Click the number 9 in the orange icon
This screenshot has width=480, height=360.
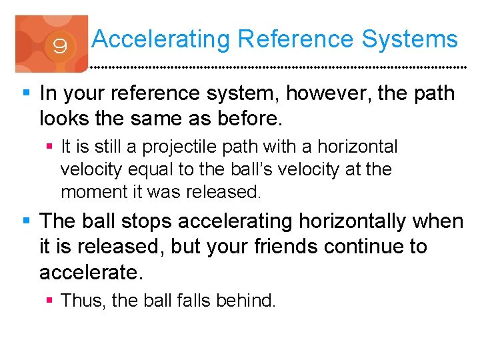(59, 47)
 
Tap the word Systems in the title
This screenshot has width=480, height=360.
(410, 39)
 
